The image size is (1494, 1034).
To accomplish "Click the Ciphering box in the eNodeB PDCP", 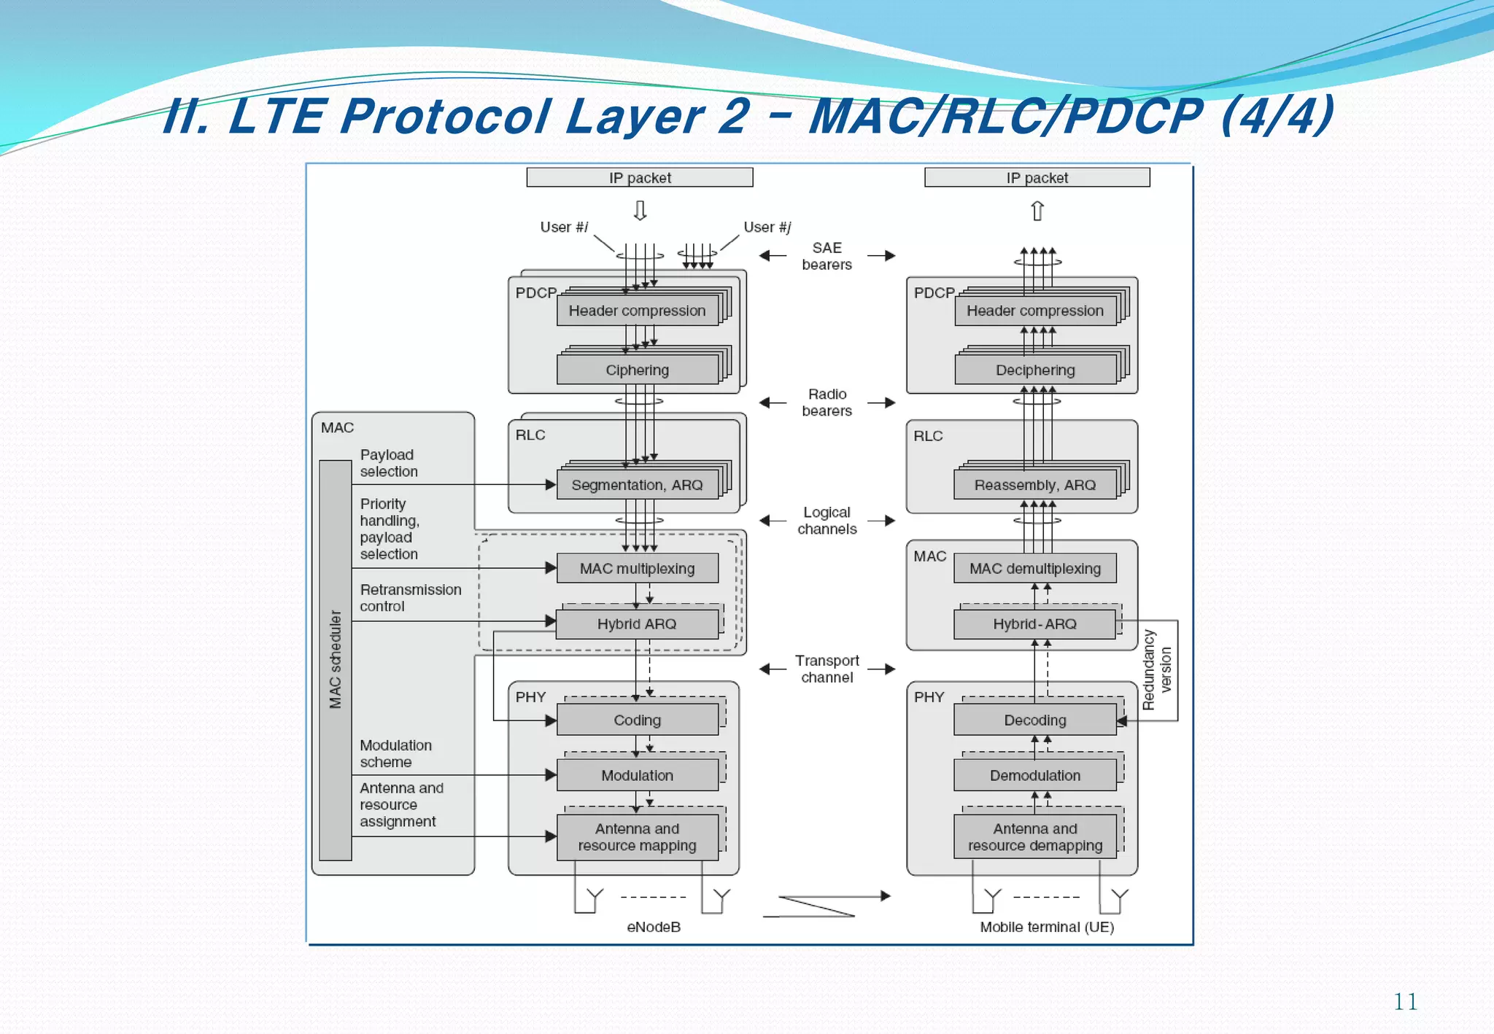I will pos(637,370).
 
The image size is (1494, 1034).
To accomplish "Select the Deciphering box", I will pos(1034,370).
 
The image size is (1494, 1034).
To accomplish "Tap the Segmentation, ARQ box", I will pos(637,485).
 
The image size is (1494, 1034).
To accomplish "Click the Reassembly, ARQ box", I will pos(1034,485).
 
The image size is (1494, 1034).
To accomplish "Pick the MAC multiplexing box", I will pos(637,568).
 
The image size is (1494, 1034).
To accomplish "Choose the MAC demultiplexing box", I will pos(1034,568).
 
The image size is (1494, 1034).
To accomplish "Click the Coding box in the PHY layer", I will pos(637,720).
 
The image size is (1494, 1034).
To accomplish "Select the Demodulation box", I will pos(1034,775).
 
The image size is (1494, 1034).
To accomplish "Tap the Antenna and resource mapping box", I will pos(637,837).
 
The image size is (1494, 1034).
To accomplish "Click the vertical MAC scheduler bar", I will pos(336,660).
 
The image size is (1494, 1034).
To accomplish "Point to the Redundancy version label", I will pos(1157,669).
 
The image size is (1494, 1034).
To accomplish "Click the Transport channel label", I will pos(827,669).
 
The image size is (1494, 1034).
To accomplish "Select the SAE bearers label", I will pos(827,256).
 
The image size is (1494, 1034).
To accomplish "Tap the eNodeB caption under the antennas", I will pos(654,927).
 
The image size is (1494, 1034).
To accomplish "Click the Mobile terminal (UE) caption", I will pos(1046,927).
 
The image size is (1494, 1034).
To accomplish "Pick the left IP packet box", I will pos(640,177).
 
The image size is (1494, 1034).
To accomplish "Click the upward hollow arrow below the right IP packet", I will pos(1037,211).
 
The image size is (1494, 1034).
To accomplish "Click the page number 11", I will pos(1405,1001).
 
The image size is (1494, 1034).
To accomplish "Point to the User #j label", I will pos(767,227).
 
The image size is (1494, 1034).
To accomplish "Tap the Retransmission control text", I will pos(410,597).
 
